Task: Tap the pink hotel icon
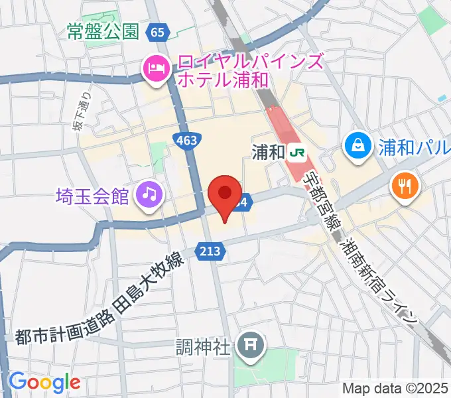(157, 68)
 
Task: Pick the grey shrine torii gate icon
(251, 344)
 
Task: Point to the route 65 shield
(157, 31)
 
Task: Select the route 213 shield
(207, 250)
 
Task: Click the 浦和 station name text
(268, 153)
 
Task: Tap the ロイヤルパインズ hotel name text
(249, 63)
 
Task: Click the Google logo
(44, 382)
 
